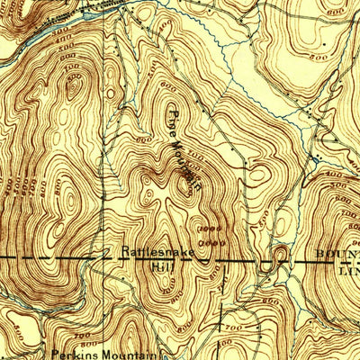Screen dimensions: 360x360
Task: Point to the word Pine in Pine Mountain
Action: [173, 118]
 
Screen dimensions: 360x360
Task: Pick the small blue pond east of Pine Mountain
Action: [316, 158]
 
